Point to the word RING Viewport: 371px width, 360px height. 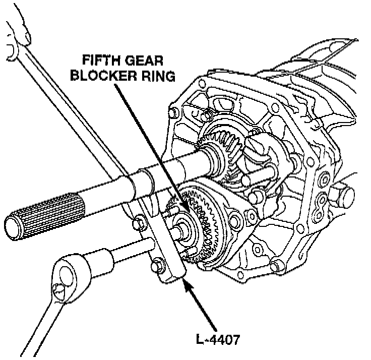[x=157, y=77]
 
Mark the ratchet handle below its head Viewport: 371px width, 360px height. [x=38, y=323]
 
